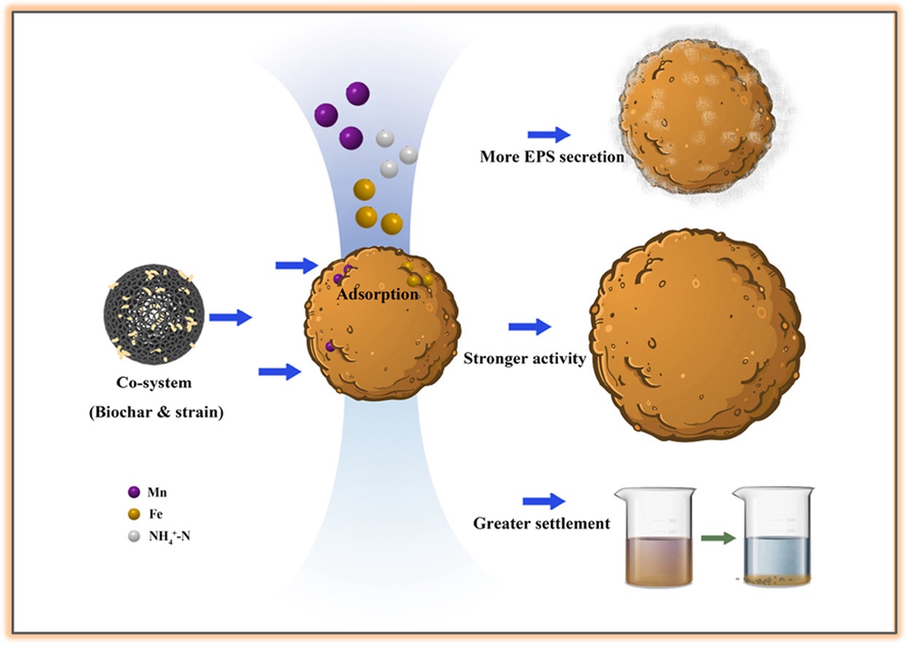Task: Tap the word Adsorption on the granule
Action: (x=378, y=295)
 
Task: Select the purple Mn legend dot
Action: (x=133, y=492)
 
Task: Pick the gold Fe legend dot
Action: (x=133, y=514)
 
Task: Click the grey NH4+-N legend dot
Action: (x=133, y=536)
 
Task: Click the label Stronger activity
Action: (x=525, y=359)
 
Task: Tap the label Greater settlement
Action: (x=541, y=524)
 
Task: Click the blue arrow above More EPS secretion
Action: (x=549, y=134)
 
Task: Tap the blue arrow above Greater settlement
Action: (x=544, y=502)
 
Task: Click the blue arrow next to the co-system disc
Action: (x=230, y=317)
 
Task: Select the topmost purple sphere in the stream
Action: (x=357, y=93)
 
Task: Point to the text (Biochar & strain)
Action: (x=155, y=412)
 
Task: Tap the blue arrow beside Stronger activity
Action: (x=530, y=327)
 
